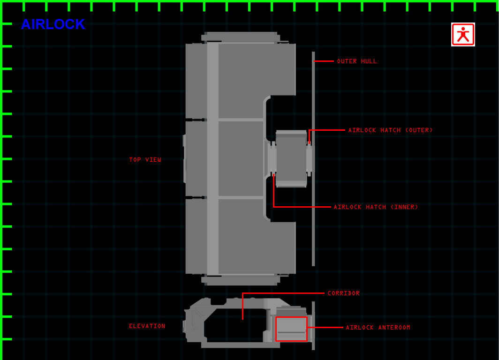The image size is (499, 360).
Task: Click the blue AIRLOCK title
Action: click(x=53, y=24)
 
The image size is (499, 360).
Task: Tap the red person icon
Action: click(x=463, y=34)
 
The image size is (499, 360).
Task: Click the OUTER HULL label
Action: click(x=357, y=61)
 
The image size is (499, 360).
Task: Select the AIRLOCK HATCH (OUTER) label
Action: click(x=391, y=130)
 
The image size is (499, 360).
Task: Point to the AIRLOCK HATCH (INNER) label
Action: click(x=376, y=207)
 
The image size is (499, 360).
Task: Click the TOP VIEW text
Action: click(x=145, y=160)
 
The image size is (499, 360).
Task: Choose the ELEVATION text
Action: click(x=147, y=326)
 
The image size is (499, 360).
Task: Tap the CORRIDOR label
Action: click(x=344, y=293)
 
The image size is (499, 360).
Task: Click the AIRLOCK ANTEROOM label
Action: click(x=378, y=327)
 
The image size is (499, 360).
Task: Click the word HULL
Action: click(x=369, y=61)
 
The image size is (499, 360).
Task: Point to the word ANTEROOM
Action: click(x=394, y=327)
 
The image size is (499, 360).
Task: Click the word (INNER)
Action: click(x=404, y=207)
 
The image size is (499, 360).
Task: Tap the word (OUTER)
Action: click(x=419, y=130)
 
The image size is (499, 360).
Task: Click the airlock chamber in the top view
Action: click(x=291, y=158)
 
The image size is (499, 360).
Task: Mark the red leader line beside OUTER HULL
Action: click(x=324, y=61)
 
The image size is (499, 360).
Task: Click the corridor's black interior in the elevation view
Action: click(x=235, y=325)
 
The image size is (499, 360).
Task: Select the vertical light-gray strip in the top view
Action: click(x=212, y=158)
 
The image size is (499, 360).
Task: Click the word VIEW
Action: click(x=153, y=160)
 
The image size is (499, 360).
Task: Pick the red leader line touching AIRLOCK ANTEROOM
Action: click(x=325, y=327)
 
